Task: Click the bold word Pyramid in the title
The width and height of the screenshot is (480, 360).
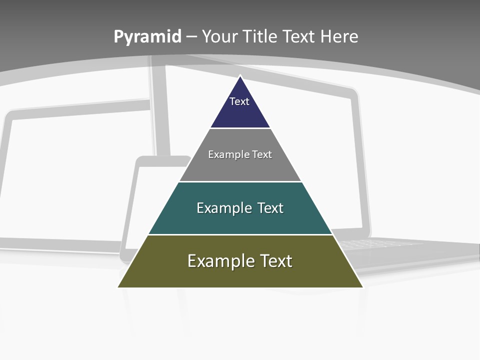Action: [147, 37]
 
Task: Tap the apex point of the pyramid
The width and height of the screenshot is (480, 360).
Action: [240, 76]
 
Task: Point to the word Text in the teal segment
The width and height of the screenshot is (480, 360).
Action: [270, 208]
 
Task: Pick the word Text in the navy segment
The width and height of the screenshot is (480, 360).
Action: [239, 101]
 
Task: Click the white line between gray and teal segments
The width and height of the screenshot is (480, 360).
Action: [240, 181]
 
